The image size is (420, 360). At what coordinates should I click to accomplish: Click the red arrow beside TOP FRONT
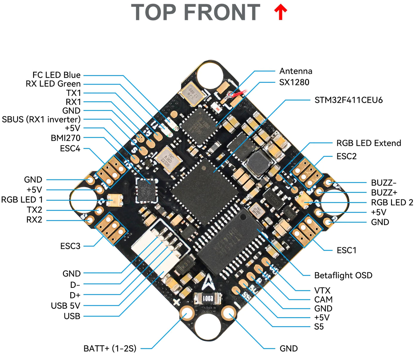click(280, 12)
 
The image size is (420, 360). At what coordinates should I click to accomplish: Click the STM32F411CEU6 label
click(348, 100)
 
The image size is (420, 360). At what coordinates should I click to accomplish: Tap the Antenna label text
click(296, 71)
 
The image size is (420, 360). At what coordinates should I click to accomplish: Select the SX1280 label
click(294, 82)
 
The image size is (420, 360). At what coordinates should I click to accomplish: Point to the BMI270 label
click(65, 138)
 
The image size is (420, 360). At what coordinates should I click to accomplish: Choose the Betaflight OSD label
click(343, 275)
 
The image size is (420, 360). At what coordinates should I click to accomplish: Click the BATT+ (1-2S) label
click(110, 348)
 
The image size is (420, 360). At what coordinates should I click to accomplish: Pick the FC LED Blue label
click(56, 75)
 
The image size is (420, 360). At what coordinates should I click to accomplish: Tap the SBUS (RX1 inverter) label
click(41, 119)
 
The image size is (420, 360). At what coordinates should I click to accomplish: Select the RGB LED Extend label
click(369, 143)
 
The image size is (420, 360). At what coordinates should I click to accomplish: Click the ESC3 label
click(70, 246)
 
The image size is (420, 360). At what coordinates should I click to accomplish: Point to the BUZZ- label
click(384, 182)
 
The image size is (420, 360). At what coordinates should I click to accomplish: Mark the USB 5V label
click(65, 306)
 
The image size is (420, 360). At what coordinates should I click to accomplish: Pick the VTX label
click(322, 290)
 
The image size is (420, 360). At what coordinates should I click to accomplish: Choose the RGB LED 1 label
click(22, 199)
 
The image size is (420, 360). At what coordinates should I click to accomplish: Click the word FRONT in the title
click(222, 13)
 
